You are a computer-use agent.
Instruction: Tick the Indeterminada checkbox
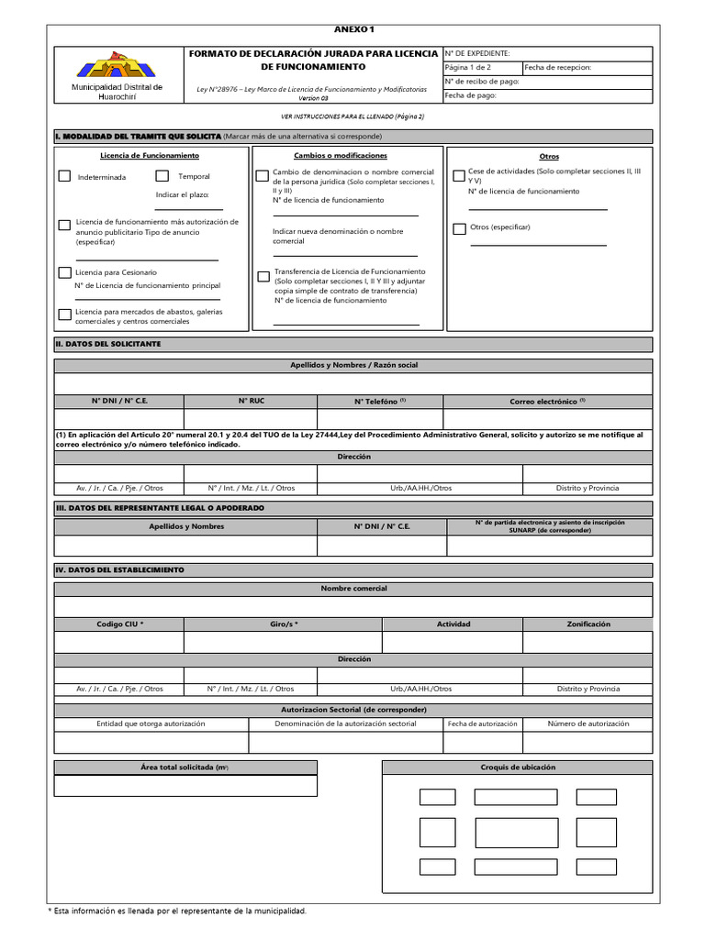click(x=64, y=176)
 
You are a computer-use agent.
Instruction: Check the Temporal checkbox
click(x=162, y=176)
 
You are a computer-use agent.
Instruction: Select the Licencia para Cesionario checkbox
click(x=64, y=272)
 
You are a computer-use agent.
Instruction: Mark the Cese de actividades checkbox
click(x=459, y=175)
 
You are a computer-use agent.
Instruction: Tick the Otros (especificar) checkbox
click(x=459, y=227)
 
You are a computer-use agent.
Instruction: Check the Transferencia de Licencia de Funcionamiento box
click(x=263, y=276)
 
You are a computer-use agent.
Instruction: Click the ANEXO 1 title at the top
click(x=353, y=30)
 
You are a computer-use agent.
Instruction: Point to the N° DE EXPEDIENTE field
click(x=547, y=53)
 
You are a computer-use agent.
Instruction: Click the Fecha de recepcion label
click(x=558, y=67)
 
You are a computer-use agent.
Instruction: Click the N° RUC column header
click(x=251, y=401)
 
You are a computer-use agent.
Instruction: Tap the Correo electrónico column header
click(x=547, y=401)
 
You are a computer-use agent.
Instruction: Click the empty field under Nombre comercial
click(x=353, y=606)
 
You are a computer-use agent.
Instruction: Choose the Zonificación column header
click(x=587, y=624)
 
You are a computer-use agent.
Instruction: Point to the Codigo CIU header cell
click(x=119, y=624)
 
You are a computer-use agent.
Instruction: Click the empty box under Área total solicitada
click(x=185, y=786)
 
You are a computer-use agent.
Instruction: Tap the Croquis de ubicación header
click(x=517, y=767)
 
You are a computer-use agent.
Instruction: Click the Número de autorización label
click(x=587, y=724)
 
